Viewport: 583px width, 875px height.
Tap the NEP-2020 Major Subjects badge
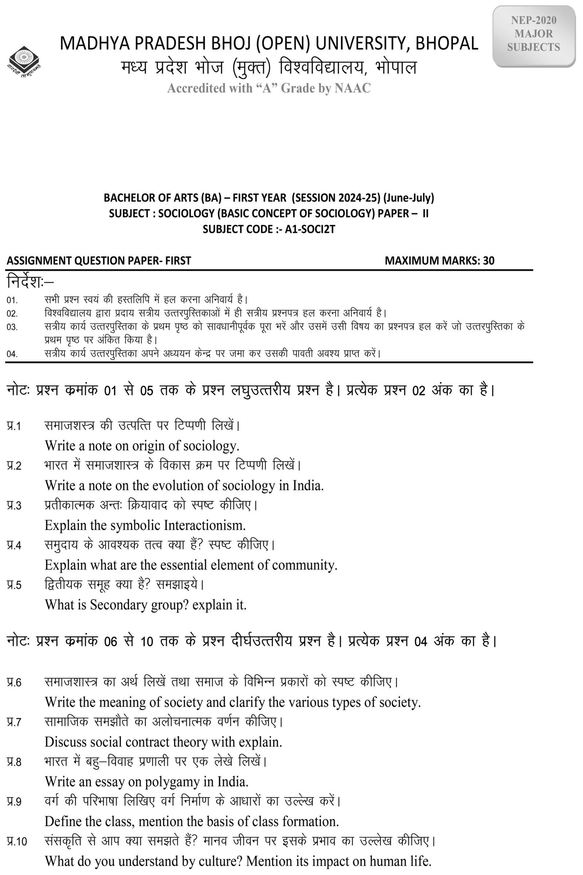click(x=533, y=34)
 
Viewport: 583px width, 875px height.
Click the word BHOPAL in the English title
click(x=447, y=43)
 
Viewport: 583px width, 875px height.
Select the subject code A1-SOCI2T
click(x=310, y=229)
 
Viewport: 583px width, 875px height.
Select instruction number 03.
click(x=12, y=327)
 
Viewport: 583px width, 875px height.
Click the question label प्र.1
click(x=14, y=426)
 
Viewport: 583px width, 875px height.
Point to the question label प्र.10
click(x=16, y=841)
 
